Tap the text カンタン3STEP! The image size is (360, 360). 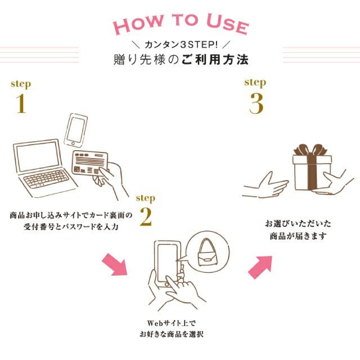pyautogui.click(x=179, y=44)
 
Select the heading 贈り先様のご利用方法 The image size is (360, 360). pyautogui.click(x=179, y=59)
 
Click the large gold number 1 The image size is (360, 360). pyautogui.click(x=21, y=104)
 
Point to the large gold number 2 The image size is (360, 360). pyautogui.click(x=145, y=218)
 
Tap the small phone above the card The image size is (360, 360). pyautogui.click(x=77, y=130)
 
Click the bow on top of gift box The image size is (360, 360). pyautogui.click(x=312, y=150)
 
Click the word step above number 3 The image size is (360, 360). pyautogui.click(x=255, y=82)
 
